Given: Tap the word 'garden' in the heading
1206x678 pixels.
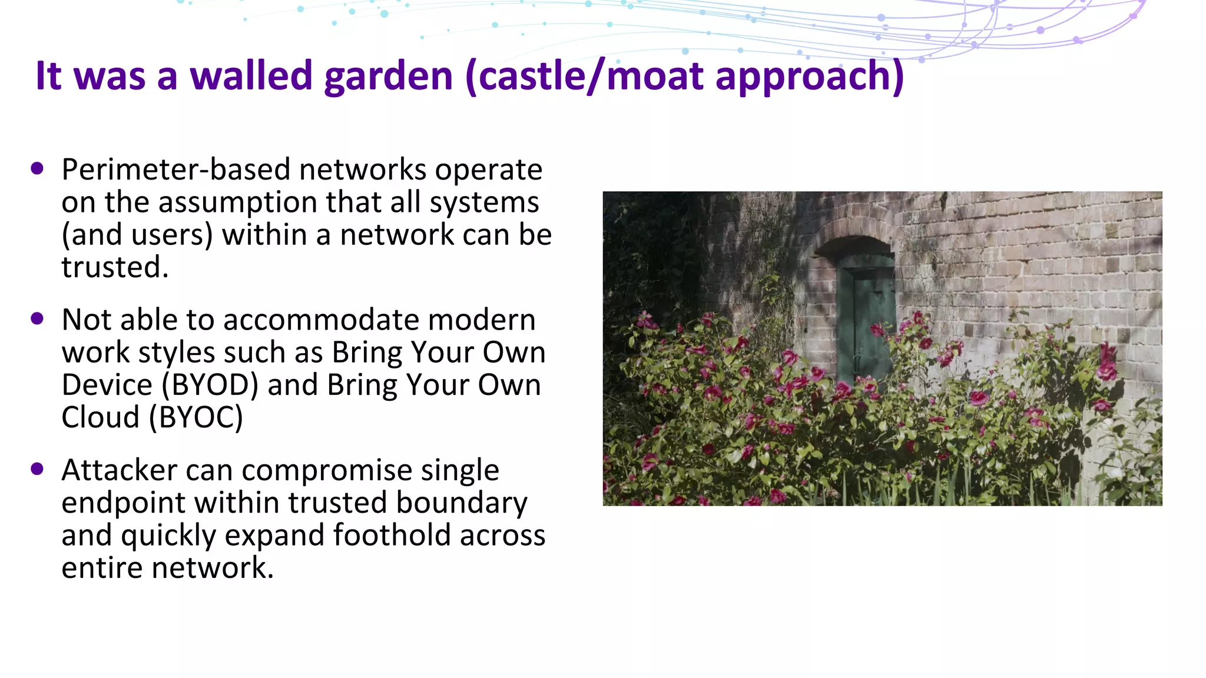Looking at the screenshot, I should click(388, 77).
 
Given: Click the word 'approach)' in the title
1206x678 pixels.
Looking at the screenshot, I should click(809, 77).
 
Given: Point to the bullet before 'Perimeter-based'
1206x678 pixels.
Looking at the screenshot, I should click(37, 169).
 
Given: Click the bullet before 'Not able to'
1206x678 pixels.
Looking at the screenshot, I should click(37, 319).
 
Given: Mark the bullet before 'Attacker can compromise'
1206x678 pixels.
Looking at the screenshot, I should click(37, 469).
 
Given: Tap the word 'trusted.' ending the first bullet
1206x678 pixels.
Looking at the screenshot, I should click(115, 267).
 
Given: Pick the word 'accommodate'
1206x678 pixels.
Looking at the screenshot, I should click(320, 320).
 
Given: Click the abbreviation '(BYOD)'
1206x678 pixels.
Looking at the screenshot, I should click(210, 385).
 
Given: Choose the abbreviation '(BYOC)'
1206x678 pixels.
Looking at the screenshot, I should click(196, 418).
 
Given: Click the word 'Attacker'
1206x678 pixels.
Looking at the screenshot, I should click(119, 470).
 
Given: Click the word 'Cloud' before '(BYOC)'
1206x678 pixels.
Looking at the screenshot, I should click(100, 418).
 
